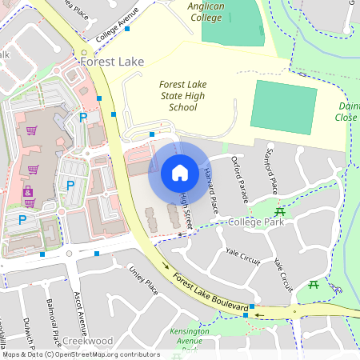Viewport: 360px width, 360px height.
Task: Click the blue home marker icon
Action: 180,172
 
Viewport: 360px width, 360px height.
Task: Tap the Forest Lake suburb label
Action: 111,61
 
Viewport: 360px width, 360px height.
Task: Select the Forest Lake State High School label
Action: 189,95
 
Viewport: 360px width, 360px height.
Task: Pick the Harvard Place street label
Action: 210,190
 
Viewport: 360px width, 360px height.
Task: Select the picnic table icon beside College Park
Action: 279,212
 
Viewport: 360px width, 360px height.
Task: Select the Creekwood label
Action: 87,340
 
